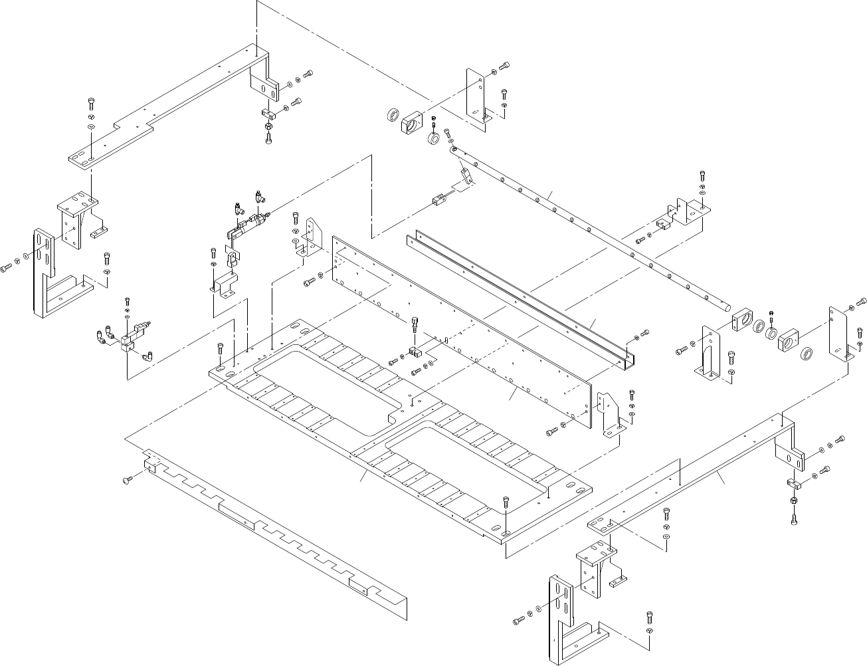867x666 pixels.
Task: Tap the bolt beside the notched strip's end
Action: [x=127, y=480]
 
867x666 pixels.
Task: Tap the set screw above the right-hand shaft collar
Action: [x=771, y=313]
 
